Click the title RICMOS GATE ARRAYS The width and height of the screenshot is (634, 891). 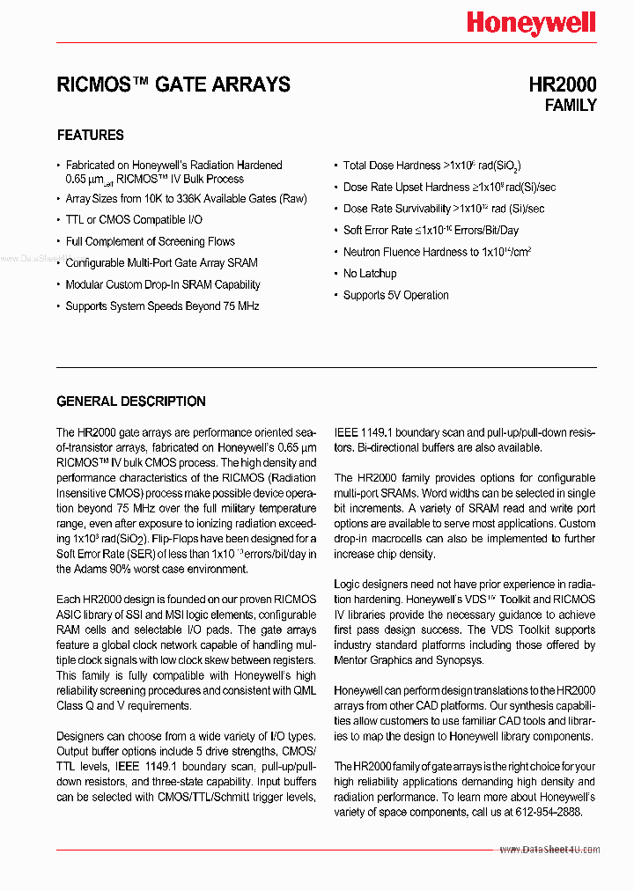tap(173, 85)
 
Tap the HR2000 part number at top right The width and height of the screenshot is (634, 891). tap(562, 85)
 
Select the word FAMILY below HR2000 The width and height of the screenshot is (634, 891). tap(570, 106)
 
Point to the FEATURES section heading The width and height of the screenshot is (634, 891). tap(90, 136)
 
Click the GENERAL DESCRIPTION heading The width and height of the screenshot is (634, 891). tap(131, 401)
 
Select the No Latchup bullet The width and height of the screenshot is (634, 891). tap(370, 274)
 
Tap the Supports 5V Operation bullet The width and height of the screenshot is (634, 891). tap(395, 296)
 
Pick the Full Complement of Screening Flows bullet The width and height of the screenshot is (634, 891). tap(150, 241)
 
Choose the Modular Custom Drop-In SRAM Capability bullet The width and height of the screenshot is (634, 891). tap(163, 285)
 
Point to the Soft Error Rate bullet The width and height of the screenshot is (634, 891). tap(431, 231)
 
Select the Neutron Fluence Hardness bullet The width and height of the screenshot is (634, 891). tap(437, 252)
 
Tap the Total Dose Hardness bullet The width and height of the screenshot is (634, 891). tap(432, 166)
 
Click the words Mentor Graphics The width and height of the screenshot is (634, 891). tap(373, 660)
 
